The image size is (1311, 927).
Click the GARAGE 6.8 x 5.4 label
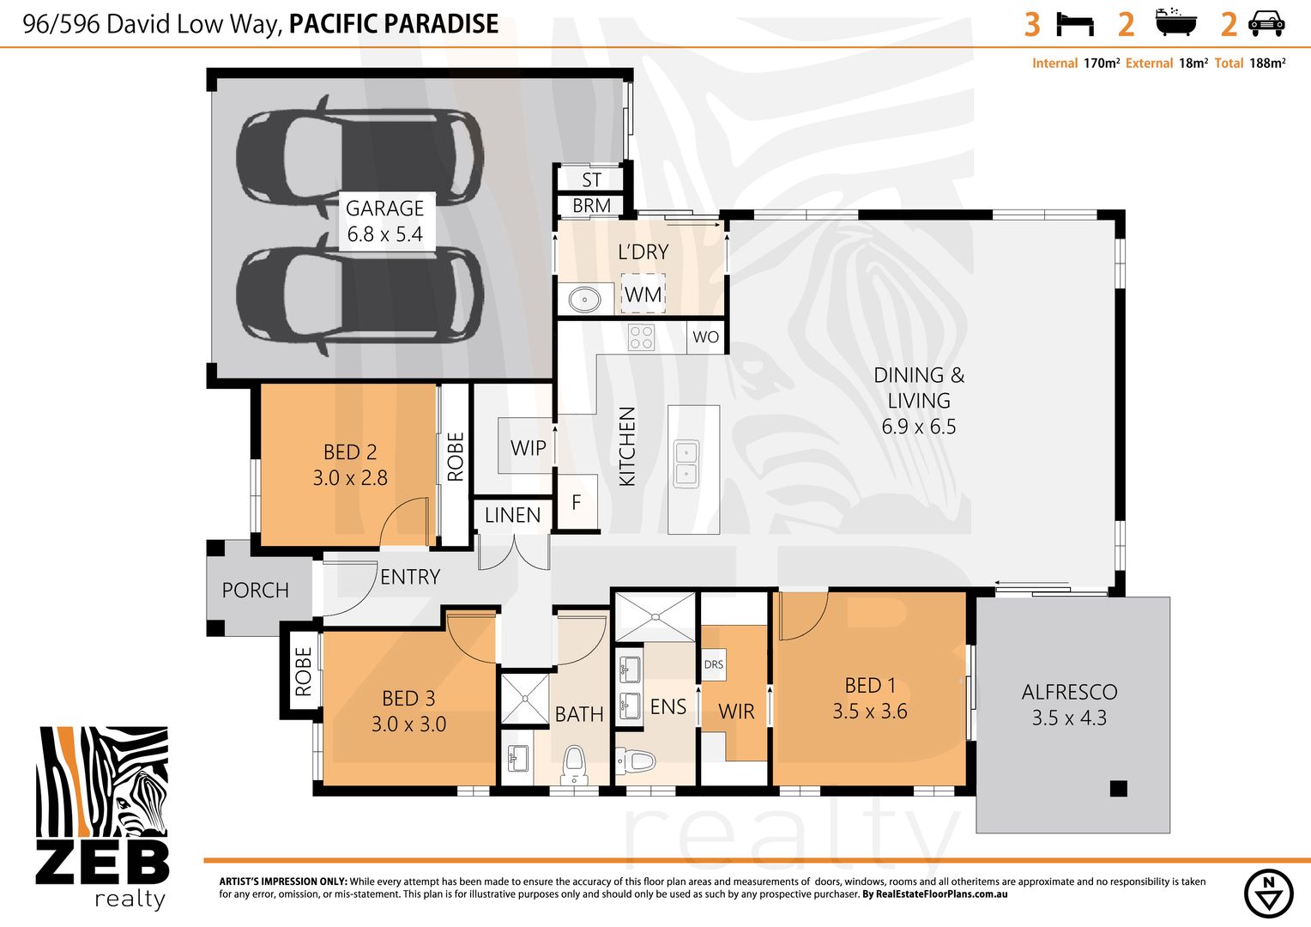[x=385, y=221]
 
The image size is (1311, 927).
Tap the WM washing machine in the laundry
[x=643, y=294]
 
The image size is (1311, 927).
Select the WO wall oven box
[x=705, y=336]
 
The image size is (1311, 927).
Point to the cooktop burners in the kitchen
[x=641, y=338]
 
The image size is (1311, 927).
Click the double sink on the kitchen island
[x=686, y=463]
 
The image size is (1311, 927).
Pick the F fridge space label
[x=577, y=502]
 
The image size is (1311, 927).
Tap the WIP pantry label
[x=528, y=448]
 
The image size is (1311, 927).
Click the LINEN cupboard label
[x=513, y=515]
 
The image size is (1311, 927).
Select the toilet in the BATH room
[x=573, y=764]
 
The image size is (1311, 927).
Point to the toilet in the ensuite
[x=635, y=761]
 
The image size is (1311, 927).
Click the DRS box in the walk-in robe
[x=714, y=664]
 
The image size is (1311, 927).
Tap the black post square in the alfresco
[x=1119, y=789]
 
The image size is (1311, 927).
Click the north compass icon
[x=1268, y=894]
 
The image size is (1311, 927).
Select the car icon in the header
[x=1266, y=24]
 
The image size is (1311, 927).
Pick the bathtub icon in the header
[x=1175, y=22]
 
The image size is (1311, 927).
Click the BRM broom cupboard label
[x=592, y=205]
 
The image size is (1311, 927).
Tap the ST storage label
[x=592, y=179]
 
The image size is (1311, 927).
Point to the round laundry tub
[x=584, y=300]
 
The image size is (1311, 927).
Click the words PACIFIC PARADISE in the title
[x=394, y=24]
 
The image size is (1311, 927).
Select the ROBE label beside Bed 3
[x=303, y=671]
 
